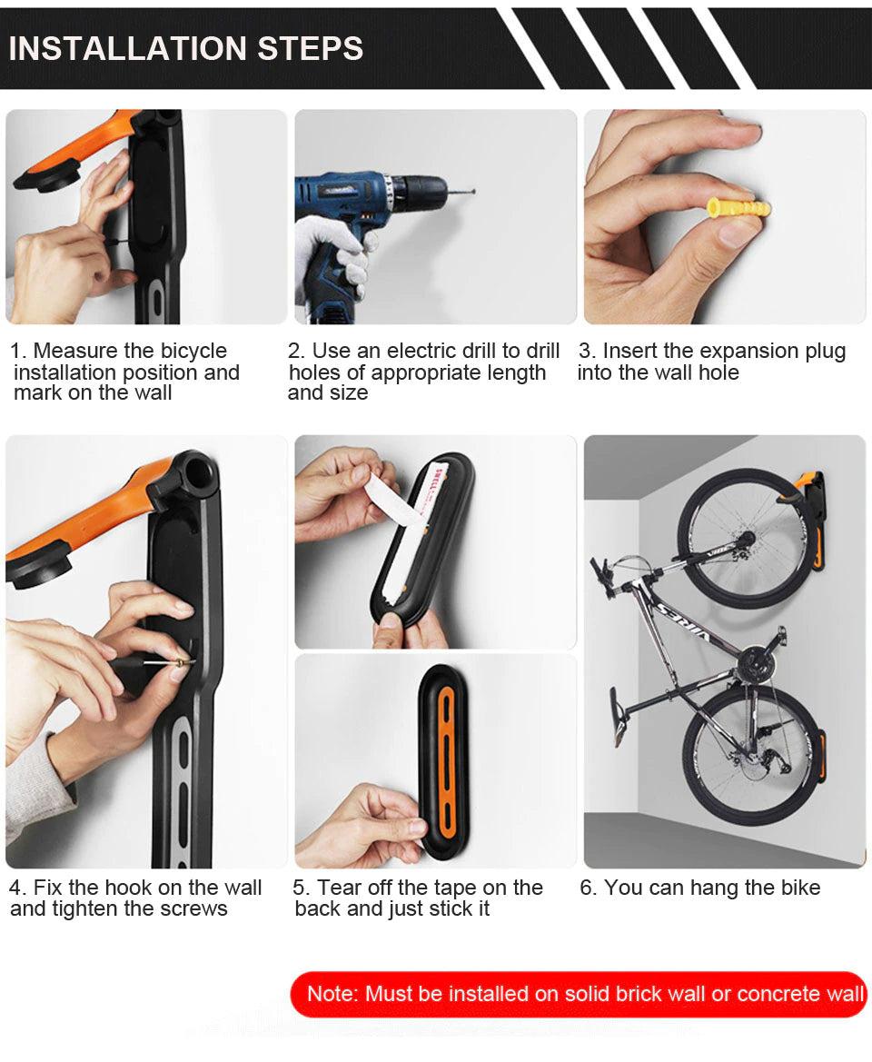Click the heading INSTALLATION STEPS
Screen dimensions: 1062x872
[x=186, y=48]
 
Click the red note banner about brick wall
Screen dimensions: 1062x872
[x=579, y=994]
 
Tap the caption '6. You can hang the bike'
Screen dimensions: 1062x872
[x=699, y=888]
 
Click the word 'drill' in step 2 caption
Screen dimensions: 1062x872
[x=542, y=351]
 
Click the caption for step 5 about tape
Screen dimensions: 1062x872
[x=418, y=898]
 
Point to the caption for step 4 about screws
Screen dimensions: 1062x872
[x=136, y=898]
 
